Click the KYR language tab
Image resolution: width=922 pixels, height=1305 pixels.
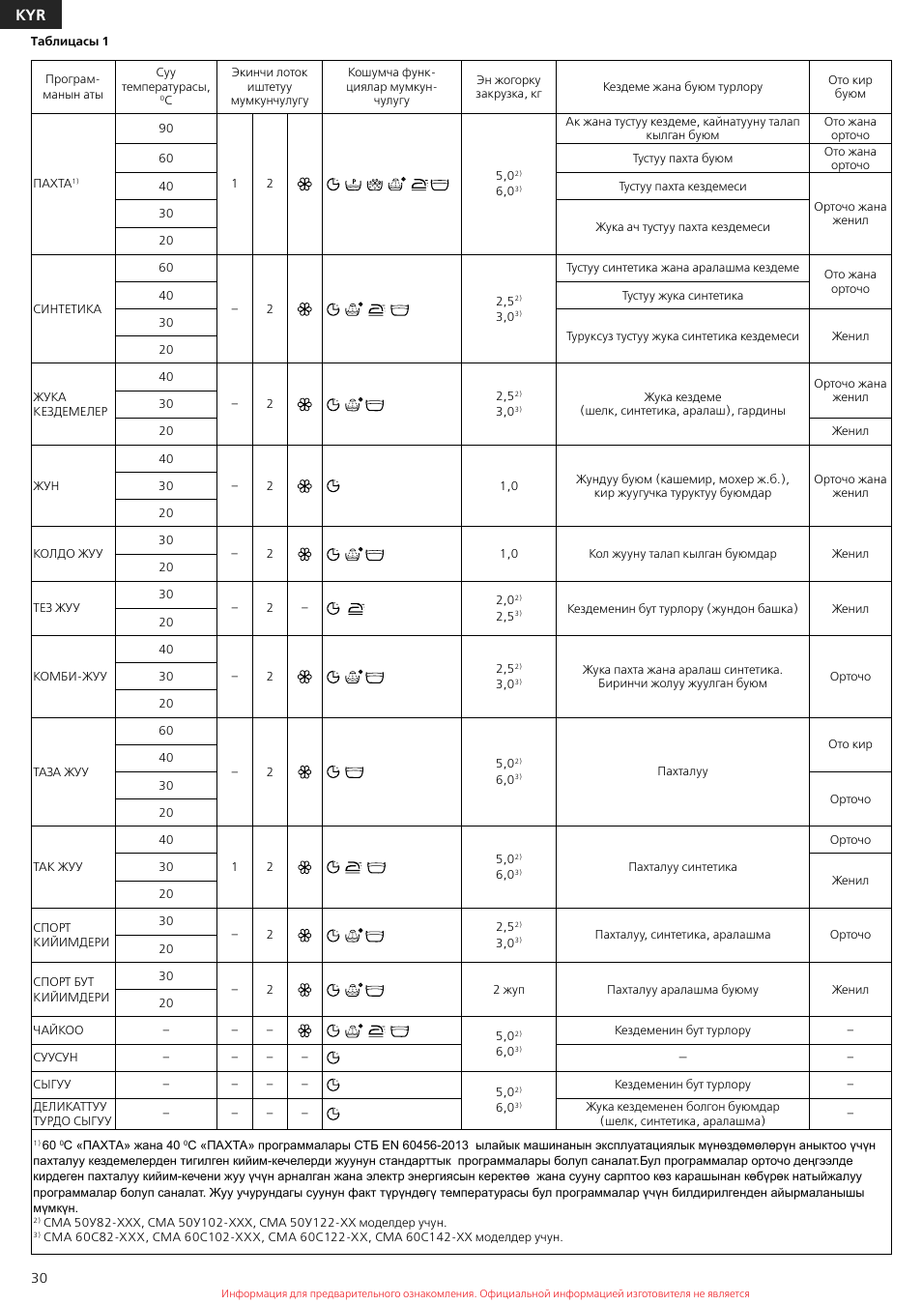[x=30, y=14]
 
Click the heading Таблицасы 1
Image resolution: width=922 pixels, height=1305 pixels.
[x=70, y=42]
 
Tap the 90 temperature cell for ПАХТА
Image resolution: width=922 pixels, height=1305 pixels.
[x=166, y=129]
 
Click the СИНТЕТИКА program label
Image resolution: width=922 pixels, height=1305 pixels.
[x=68, y=309]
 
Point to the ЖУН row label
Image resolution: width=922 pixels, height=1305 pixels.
[x=46, y=486]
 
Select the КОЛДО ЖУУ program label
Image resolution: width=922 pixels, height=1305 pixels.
[x=68, y=554]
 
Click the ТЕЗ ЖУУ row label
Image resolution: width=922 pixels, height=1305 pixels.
[x=57, y=608]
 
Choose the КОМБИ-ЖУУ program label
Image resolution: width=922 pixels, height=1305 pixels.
[x=71, y=677]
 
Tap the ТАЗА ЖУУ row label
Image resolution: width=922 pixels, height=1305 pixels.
[x=61, y=772]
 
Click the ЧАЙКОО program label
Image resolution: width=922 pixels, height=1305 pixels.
[x=58, y=1030]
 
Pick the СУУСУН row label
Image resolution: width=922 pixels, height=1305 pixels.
[x=55, y=1058]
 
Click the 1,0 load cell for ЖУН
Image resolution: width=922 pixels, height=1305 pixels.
[x=508, y=486]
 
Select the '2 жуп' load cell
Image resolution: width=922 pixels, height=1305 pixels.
[x=508, y=990]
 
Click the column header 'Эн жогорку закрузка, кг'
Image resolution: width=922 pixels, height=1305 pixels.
[x=508, y=87]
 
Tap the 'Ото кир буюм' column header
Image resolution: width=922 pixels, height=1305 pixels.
[x=850, y=87]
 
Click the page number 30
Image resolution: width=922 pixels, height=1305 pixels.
[x=39, y=1278]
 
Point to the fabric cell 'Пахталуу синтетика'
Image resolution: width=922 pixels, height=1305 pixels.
[x=682, y=867]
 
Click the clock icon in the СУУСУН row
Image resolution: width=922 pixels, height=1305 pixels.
[x=333, y=1058]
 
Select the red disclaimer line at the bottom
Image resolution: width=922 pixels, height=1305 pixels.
[x=485, y=1293]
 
